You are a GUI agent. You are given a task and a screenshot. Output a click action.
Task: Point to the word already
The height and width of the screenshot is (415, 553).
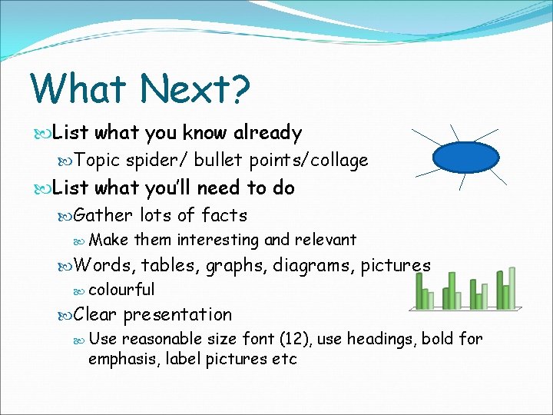point(264,133)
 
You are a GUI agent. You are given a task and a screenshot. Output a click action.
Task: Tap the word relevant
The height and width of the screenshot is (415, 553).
point(324,240)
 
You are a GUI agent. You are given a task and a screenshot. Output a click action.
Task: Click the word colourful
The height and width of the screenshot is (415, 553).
point(121,290)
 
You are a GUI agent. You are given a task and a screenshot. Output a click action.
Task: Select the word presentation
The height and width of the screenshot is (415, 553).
point(177,314)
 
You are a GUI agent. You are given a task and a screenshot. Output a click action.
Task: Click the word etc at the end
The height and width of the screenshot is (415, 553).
point(284,359)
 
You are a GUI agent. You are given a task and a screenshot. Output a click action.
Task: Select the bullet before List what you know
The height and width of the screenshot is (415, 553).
point(44,133)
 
